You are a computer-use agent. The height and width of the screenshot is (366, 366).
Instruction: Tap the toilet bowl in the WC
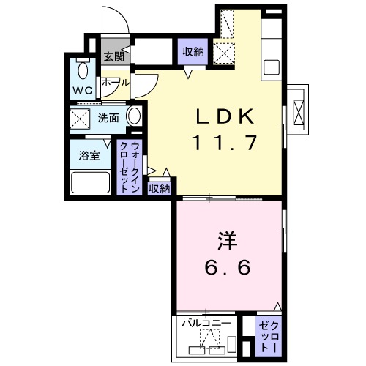click(83, 71)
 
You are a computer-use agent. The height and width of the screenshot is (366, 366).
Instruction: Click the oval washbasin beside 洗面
click(135, 116)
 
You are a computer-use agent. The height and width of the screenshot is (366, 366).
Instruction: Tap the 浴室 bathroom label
click(89, 154)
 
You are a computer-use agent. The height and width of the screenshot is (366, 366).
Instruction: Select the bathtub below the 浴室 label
click(89, 182)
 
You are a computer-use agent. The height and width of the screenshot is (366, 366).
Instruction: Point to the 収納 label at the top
click(193, 51)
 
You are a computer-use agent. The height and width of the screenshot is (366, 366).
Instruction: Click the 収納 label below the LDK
click(160, 188)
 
